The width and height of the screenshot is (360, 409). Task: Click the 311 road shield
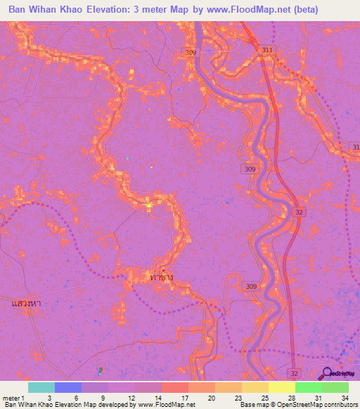(x=266, y=51)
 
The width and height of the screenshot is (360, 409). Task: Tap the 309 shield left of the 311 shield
(x=211, y=52)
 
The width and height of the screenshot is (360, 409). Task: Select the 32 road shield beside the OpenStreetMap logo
(x=295, y=371)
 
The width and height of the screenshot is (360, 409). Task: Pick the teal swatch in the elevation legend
(x=41, y=387)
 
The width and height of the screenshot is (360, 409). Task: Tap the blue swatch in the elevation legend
(x=68, y=387)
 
